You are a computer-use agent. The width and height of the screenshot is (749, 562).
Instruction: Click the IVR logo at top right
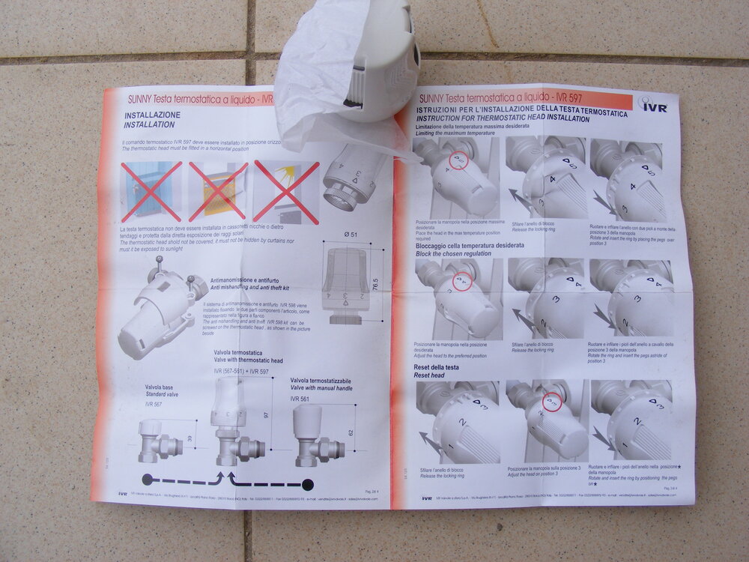pos(654,106)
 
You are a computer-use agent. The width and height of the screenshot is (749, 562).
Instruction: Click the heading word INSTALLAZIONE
pos(153,114)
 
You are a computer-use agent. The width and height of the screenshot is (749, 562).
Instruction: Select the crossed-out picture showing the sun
pos(285,191)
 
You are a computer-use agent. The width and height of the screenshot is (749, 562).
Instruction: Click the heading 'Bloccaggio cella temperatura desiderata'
pos(470,246)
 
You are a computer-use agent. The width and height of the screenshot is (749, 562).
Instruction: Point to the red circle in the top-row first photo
pos(458,160)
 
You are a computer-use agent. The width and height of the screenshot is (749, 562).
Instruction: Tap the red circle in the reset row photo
pos(551,402)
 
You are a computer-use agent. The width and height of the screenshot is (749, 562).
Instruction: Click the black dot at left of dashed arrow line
pos(148,479)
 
